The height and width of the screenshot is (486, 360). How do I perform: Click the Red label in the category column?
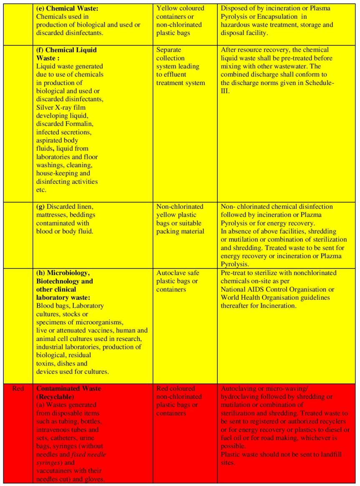tap(18, 388)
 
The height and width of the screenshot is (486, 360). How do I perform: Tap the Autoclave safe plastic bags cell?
tap(177, 281)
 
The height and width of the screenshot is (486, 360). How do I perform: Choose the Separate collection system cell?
tap(180, 66)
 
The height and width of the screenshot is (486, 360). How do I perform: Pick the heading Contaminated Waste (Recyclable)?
tap(68, 392)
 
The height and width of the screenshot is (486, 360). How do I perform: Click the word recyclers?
tap(335, 421)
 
